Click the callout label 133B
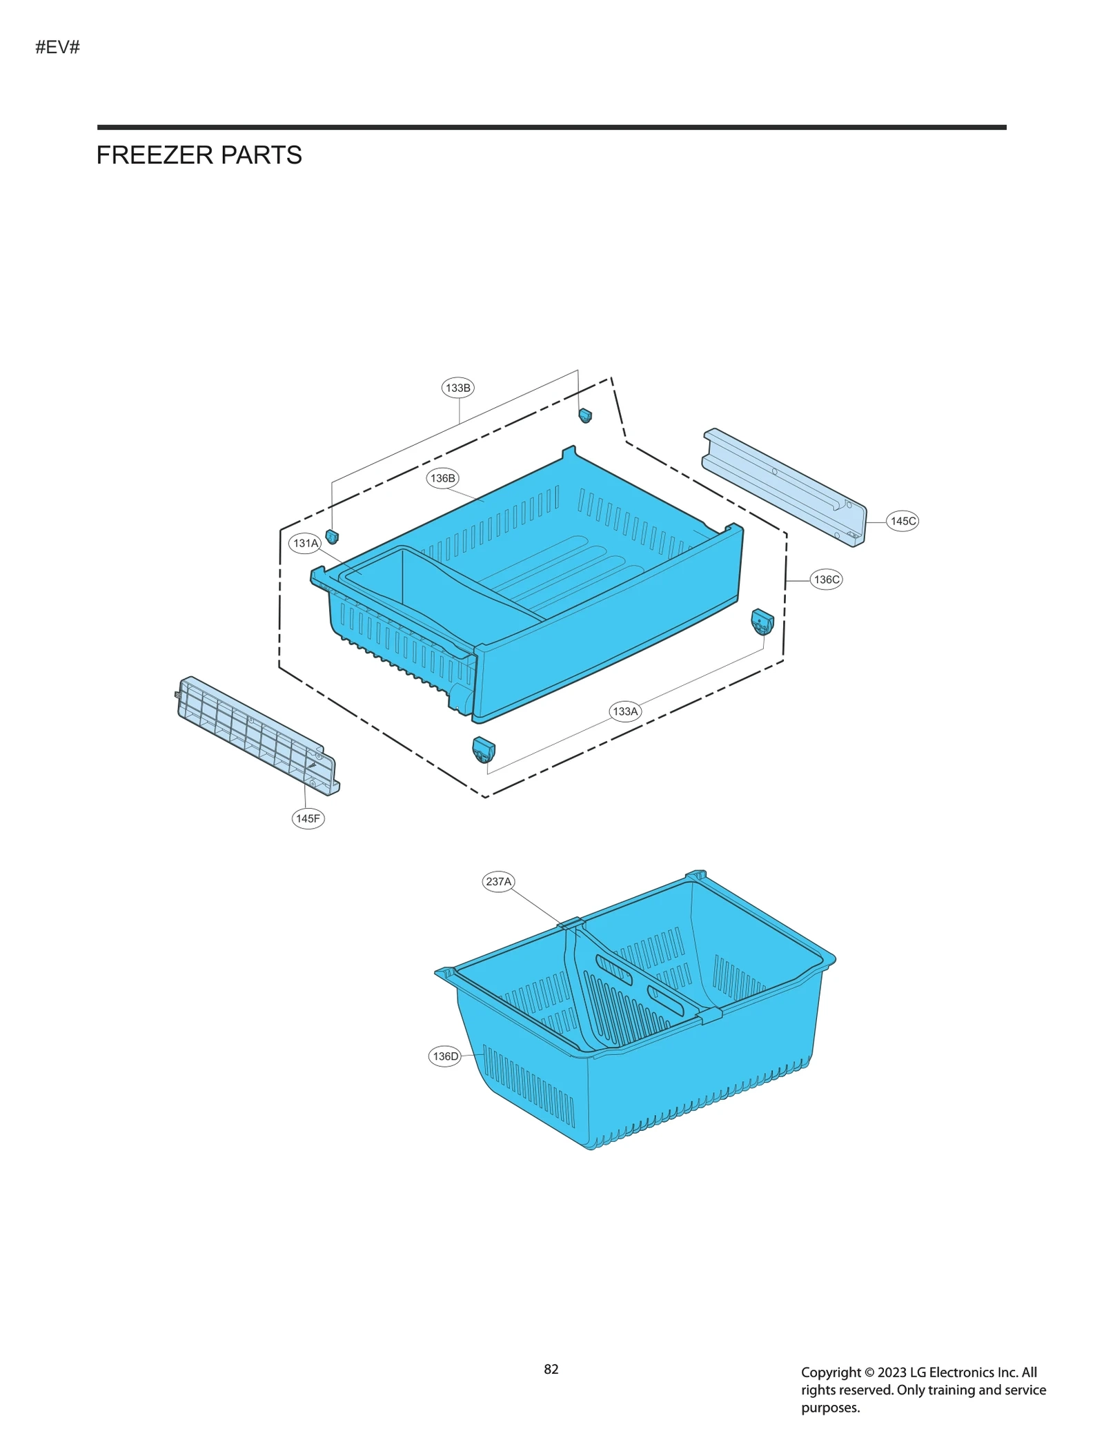[x=457, y=388]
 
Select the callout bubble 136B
[x=442, y=478]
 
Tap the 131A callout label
[x=306, y=543]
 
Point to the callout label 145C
[x=903, y=521]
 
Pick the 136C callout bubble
[x=826, y=580]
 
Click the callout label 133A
[x=625, y=711]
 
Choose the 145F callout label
[x=308, y=818]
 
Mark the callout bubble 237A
[x=498, y=881]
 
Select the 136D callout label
[x=445, y=1056]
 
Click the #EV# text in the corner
[x=58, y=48]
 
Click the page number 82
[x=551, y=1369]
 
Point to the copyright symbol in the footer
[x=869, y=1372]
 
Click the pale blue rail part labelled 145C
[x=784, y=486]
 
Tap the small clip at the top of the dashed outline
[x=585, y=415]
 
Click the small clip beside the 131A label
[x=332, y=536]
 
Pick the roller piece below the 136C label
[x=762, y=622]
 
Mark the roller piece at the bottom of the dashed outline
[x=484, y=749]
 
